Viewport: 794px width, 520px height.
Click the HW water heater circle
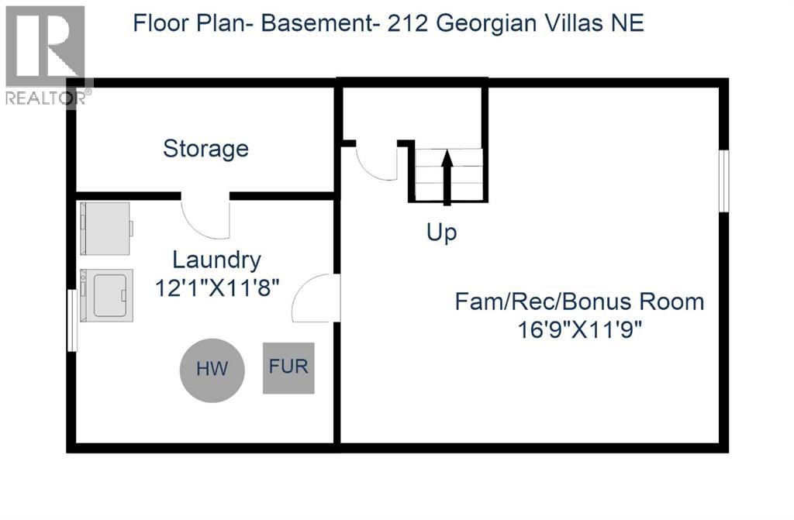212,369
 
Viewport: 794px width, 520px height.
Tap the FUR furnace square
288,367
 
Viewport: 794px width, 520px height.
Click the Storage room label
205,148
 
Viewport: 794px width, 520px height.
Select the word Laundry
216,260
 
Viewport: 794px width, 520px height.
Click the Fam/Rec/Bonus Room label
579,301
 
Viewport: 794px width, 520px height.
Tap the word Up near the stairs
441,232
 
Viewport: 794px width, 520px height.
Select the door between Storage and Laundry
205,217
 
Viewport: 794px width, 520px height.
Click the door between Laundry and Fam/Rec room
316,298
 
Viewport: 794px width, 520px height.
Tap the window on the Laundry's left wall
72,320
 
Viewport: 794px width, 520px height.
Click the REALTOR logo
44,54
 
